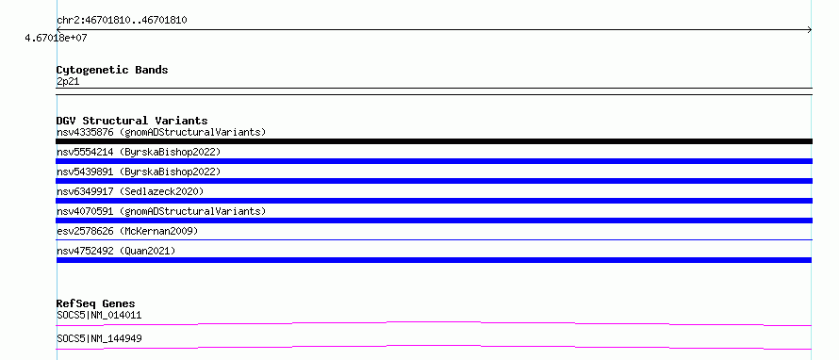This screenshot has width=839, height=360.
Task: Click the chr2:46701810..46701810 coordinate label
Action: pos(122,21)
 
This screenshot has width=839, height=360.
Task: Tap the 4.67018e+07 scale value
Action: pos(57,38)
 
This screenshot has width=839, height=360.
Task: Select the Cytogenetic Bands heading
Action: pos(112,70)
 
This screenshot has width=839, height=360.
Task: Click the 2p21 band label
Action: pos(68,82)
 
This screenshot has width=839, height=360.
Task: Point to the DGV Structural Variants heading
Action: pos(132,121)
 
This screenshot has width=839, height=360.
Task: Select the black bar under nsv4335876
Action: pos(434,141)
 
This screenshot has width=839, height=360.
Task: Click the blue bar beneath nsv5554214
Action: pos(434,161)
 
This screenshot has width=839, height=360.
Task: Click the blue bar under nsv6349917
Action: pos(434,201)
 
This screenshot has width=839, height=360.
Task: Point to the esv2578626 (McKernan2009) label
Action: pos(127,231)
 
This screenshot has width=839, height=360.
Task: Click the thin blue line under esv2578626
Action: pos(434,239)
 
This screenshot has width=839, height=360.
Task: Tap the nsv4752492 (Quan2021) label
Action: pos(116,251)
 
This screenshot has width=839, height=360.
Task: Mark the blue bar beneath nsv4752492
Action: pos(434,260)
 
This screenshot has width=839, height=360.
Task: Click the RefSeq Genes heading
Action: pos(96,303)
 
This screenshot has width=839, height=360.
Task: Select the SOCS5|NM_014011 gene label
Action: pos(99,315)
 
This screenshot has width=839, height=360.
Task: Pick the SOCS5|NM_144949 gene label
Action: pos(99,338)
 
